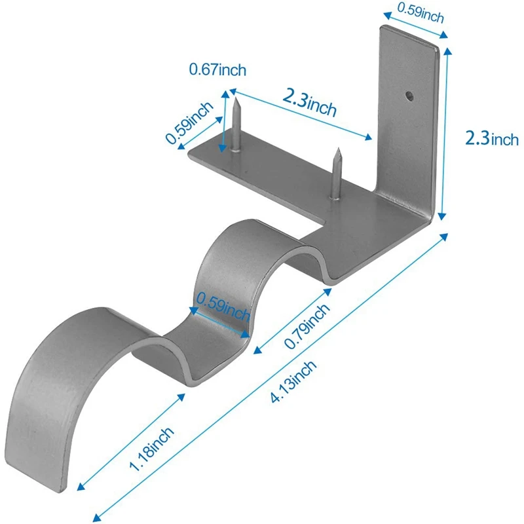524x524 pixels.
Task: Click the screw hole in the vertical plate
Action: [409, 96]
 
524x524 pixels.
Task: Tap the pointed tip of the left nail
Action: [236, 98]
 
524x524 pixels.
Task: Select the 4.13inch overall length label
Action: [293, 382]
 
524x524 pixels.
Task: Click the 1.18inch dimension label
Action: [151, 449]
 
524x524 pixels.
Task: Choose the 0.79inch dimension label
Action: [307, 326]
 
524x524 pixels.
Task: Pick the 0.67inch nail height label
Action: [217, 69]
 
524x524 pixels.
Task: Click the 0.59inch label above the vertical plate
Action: [421, 13]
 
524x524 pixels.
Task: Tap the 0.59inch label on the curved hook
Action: [223, 306]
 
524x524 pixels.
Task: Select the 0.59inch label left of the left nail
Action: [189, 122]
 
